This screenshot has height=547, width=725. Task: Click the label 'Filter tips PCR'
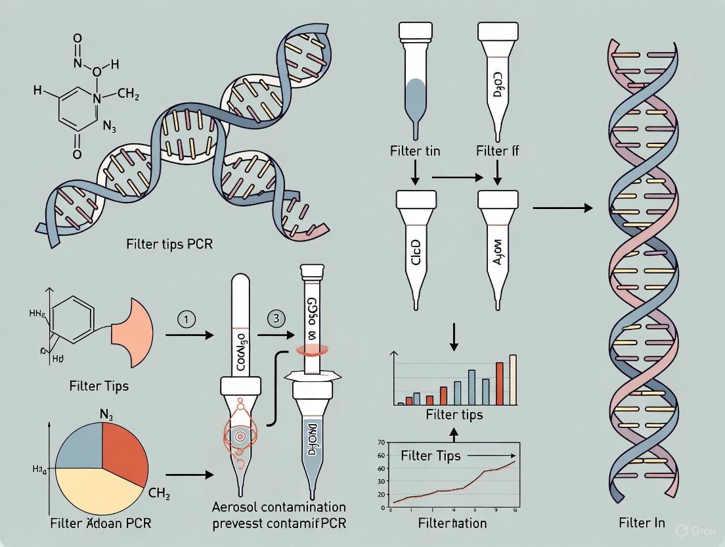(169, 244)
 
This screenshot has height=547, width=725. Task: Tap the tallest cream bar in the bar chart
(513, 379)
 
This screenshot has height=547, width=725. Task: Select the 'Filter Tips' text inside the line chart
(431, 456)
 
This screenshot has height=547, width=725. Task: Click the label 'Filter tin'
(415, 151)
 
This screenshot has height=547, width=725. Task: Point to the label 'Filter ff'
(497, 151)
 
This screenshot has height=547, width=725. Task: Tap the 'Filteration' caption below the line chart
(453, 523)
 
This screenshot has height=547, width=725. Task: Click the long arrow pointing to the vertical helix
(561, 208)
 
